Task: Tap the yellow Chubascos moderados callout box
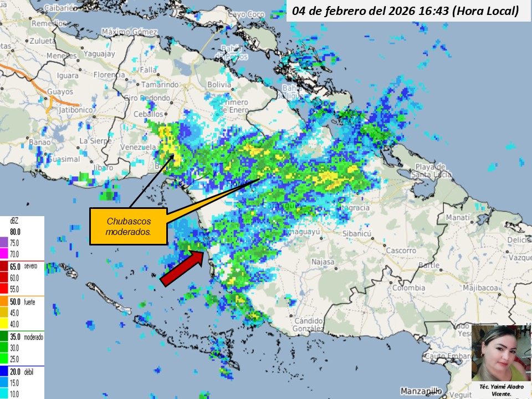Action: pyautogui.click(x=128, y=226)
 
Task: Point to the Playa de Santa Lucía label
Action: pyautogui.click(x=431, y=171)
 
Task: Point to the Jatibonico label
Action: pyautogui.click(x=53, y=110)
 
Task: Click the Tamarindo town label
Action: pyautogui.click(x=160, y=85)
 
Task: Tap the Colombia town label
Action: pyautogui.click(x=409, y=288)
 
